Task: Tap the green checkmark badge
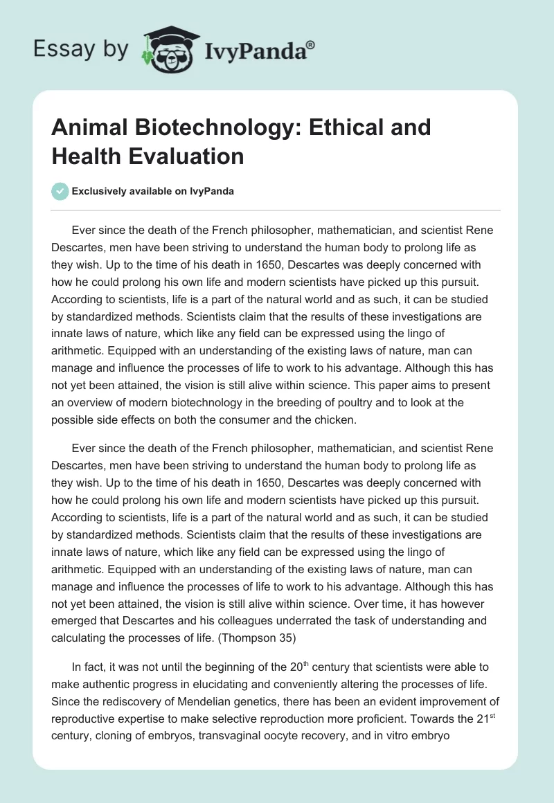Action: tap(60, 191)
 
